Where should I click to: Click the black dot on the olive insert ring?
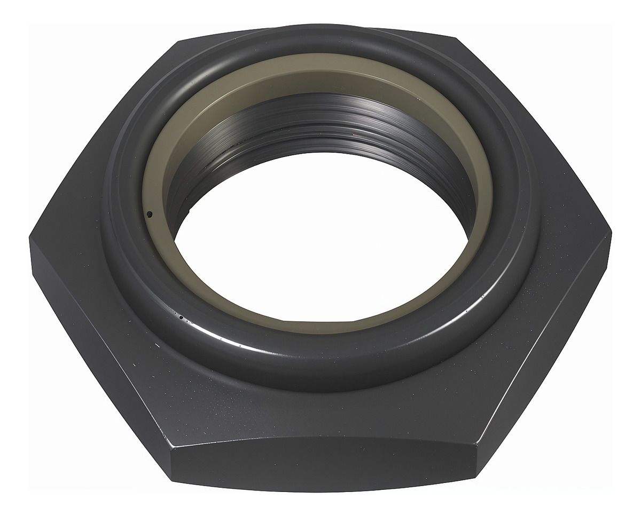(x=149, y=215)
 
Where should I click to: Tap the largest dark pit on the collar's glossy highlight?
(x=181, y=317)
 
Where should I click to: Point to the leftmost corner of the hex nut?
(x=30, y=239)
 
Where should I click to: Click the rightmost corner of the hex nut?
(x=611, y=233)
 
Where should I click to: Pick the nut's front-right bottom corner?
(x=475, y=477)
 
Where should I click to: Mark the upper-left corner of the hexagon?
(x=178, y=41)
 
